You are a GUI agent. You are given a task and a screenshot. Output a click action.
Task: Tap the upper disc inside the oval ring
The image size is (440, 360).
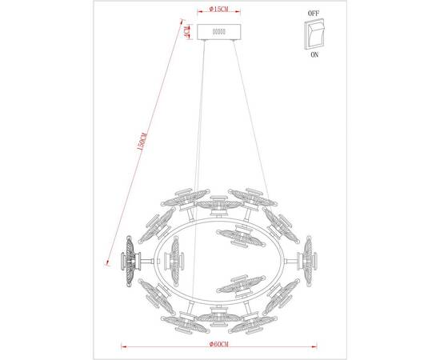click(238, 234)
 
